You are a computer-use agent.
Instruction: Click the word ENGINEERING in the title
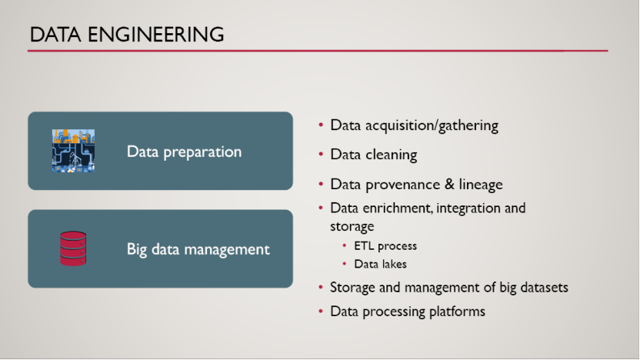(x=156, y=35)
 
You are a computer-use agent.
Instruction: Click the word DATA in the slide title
(x=55, y=35)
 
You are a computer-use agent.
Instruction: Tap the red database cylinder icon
(x=73, y=248)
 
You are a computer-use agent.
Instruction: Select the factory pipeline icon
(x=74, y=151)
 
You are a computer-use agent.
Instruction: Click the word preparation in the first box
(x=202, y=152)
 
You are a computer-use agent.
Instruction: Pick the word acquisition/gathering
(x=432, y=125)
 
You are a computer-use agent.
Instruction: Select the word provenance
(x=403, y=185)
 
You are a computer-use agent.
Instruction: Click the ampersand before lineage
(x=449, y=184)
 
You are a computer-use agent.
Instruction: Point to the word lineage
(x=481, y=185)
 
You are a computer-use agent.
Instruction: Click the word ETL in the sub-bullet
(x=364, y=245)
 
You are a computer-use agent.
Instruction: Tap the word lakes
(x=395, y=264)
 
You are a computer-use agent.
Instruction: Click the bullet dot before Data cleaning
(x=321, y=155)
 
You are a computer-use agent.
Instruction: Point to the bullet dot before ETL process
(x=345, y=245)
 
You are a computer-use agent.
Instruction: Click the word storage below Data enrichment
(x=352, y=226)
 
